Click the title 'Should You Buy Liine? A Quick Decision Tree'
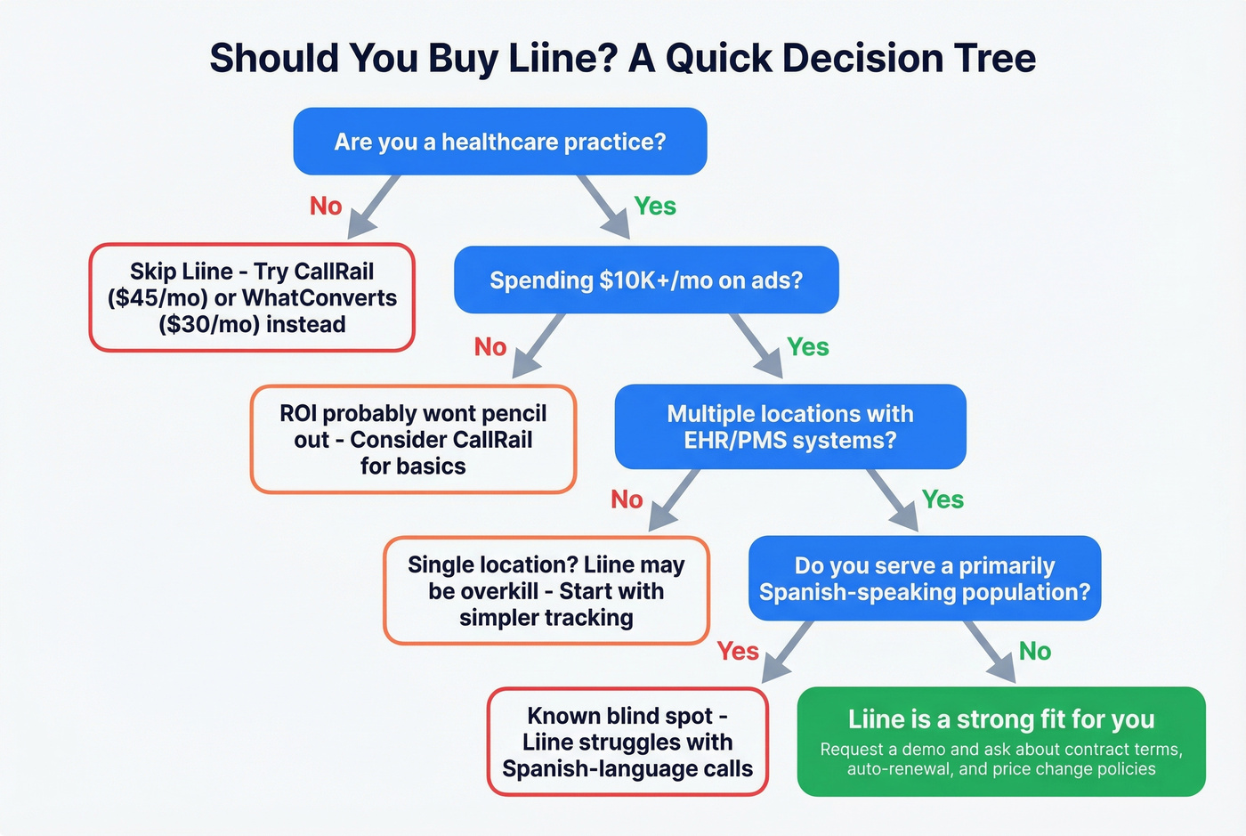pos(622,59)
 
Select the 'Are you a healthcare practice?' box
pos(499,142)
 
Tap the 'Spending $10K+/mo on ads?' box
pos(646,280)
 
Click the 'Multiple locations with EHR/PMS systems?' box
pos(789,426)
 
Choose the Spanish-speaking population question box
pos(924,579)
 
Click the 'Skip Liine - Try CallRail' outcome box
pos(252,297)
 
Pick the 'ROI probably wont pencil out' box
pos(413,439)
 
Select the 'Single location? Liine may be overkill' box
pos(546,590)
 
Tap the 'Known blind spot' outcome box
pos(627,742)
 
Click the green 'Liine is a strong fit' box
pos(1000,742)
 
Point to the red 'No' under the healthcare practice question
pos(326,207)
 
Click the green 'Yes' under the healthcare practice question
pos(655,207)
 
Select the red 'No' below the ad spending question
pos(490,347)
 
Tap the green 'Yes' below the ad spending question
pos(807,347)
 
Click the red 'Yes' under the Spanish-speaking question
pos(738,652)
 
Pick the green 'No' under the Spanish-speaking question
pos(1035,652)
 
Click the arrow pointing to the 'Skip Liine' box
pos(374,207)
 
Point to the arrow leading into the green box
pos(990,652)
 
